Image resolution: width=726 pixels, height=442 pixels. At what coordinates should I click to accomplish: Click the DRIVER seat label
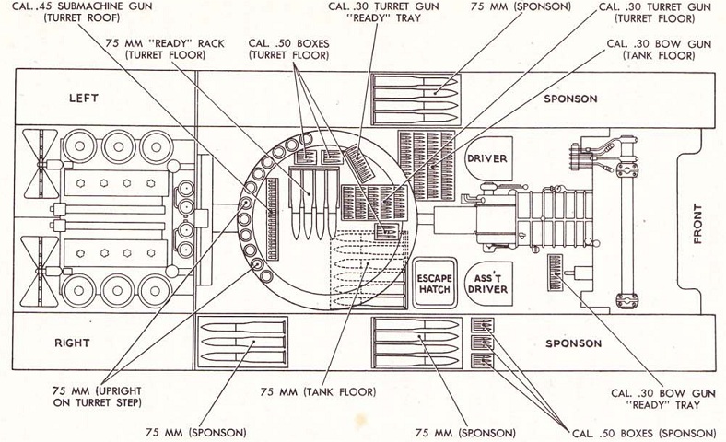pyautogui.click(x=486, y=158)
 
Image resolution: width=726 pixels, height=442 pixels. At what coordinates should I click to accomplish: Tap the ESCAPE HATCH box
pyautogui.click(x=432, y=283)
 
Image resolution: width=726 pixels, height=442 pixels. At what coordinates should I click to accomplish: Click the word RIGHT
pyautogui.click(x=71, y=343)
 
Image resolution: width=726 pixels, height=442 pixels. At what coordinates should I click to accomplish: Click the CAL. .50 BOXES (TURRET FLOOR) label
pyautogui.click(x=285, y=49)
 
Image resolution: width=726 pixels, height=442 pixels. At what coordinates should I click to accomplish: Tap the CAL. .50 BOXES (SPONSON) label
pyautogui.click(x=644, y=432)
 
